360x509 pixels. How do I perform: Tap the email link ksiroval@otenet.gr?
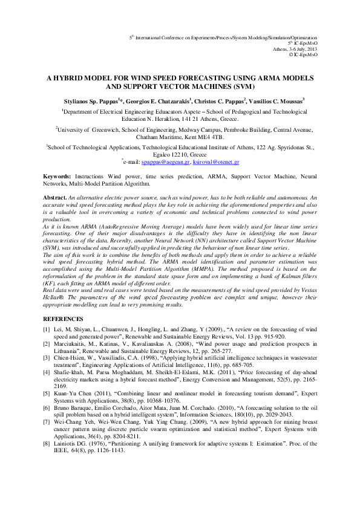click(217, 163)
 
